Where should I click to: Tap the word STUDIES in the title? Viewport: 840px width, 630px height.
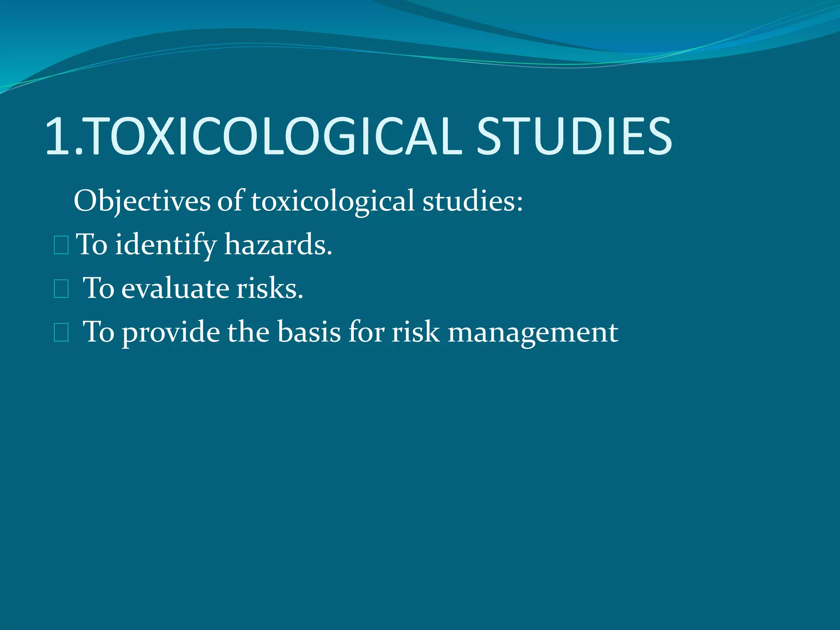574,137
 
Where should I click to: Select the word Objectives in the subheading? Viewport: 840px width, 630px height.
142,201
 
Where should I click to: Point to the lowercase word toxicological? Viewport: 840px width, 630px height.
333,201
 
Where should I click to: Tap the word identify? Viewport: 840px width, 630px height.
165,245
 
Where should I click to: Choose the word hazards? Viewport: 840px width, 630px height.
278,245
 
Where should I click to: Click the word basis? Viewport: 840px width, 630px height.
309,332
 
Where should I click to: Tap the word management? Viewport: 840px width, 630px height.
533,332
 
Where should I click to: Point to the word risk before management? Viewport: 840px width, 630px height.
415,332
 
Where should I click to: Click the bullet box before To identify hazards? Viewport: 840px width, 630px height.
61,246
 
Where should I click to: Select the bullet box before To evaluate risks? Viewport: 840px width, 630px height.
61,289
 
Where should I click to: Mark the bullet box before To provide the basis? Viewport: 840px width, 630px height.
61,333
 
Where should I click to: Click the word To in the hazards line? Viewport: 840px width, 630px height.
92,245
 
